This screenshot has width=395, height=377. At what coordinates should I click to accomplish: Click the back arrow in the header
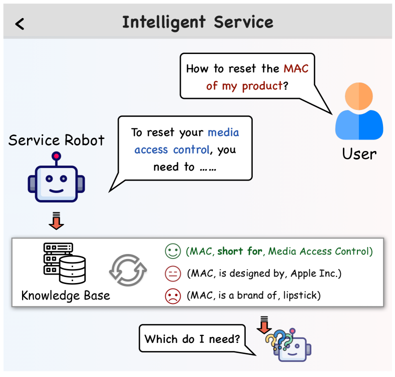click(20, 23)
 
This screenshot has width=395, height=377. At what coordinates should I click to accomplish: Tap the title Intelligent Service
click(198, 22)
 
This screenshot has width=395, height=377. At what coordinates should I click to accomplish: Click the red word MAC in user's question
click(296, 68)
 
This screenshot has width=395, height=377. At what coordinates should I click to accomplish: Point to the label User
click(359, 153)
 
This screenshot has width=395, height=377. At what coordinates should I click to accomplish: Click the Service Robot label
click(57, 140)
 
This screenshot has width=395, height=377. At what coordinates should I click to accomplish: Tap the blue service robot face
click(56, 180)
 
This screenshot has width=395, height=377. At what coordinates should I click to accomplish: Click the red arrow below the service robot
click(56, 222)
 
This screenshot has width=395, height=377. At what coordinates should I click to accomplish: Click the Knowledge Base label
click(66, 295)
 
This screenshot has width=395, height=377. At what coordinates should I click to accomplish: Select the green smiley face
click(172, 251)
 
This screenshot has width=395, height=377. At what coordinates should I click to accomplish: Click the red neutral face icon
click(172, 273)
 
